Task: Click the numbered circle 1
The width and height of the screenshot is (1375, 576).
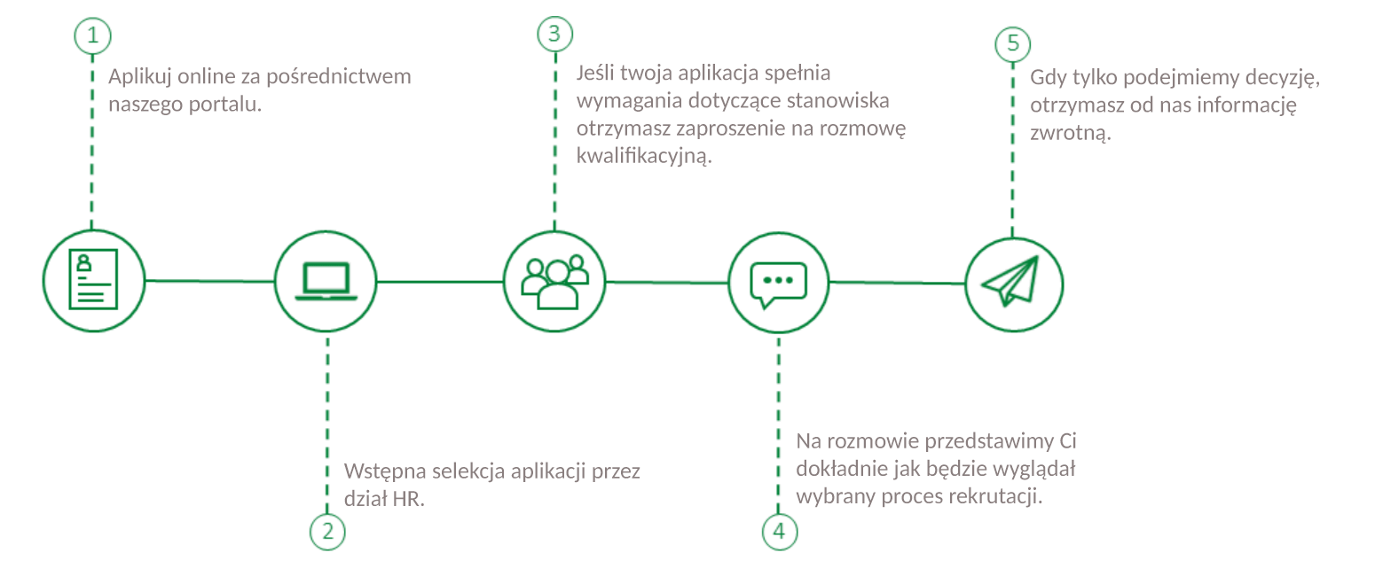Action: click(92, 36)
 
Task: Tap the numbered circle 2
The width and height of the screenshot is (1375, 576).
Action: click(327, 532)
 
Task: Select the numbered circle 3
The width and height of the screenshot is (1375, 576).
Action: click(554, 35)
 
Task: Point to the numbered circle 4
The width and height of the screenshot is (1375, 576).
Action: click(780, 532)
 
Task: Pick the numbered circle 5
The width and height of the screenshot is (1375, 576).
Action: click(1013, 43)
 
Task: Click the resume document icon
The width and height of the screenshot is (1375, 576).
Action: click(93, 279)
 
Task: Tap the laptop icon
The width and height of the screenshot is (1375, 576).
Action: click(326, 281)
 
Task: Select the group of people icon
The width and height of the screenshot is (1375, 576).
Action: click(554, 281)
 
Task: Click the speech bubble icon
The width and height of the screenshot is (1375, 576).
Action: click(778, 283)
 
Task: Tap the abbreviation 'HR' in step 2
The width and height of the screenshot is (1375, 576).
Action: click(409, 499)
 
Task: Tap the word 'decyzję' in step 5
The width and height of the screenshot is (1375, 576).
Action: click(1285, 78)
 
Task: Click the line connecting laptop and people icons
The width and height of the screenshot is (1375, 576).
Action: click(441, 281)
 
